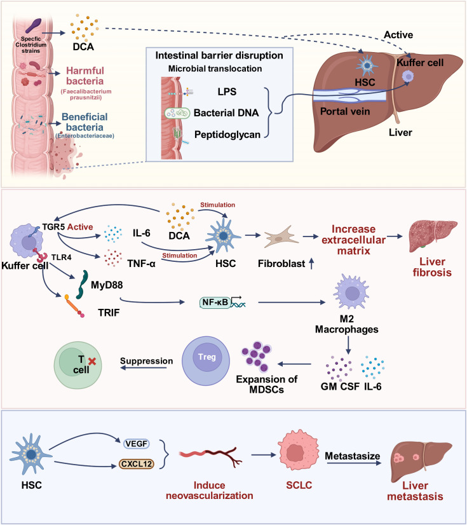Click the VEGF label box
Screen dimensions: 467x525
pos(136,444)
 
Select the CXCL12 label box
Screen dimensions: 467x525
pos(136,464)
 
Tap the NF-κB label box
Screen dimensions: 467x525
pos(215,303)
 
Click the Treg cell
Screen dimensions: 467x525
pos(206,360)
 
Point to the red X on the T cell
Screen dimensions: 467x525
pos(92,361)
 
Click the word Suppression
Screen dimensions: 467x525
pos(147,361)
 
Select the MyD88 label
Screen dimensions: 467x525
pos(107,285)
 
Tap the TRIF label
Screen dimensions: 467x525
pos(109,313)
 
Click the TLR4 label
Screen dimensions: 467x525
pos(61,257)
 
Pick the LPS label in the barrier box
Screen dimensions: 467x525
pos(227,92)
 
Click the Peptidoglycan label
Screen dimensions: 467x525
pos(227,135)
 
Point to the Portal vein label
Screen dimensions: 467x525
pos(345,111)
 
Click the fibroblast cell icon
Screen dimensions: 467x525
pos(281,236)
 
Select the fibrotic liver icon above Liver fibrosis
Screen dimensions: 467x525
pos(433,236)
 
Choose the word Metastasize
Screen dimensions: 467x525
pos(353,456)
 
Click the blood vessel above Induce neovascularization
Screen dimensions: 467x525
pos(210,456)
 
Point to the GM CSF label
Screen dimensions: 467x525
pos(340,386)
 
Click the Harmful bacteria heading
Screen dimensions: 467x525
pos(85,76)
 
